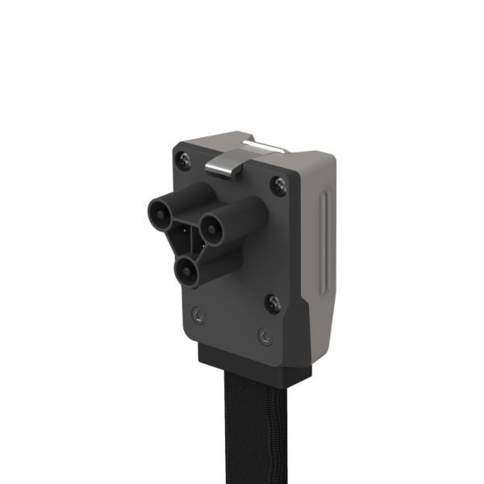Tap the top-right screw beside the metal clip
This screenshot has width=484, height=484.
point(279,186)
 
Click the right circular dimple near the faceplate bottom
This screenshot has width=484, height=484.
point(263,334)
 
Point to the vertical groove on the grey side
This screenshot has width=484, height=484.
point(323,242)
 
